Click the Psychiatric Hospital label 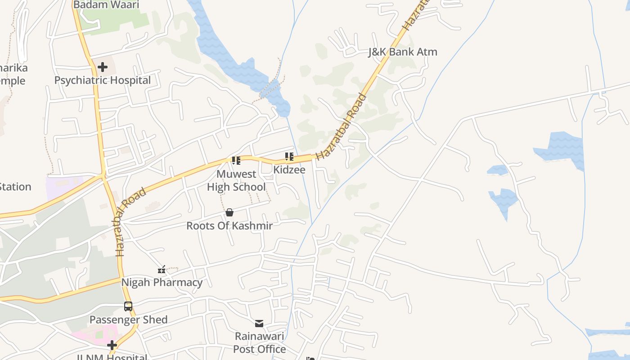103,81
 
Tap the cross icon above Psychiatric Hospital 103,67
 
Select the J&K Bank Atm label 403,52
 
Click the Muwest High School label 236,180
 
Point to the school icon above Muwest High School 236,161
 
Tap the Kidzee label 289,170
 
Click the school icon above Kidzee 289,157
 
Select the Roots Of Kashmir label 229,226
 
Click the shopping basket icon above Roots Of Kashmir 229,212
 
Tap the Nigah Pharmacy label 162,283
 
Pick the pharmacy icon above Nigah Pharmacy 162,270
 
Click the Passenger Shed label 129,320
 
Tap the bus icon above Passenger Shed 128,306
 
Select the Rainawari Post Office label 260,343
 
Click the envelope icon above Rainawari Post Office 259,324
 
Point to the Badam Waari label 106,5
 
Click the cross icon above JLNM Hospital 112,346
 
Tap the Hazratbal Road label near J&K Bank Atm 341,127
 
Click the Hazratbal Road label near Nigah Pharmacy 131,222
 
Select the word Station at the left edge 15,187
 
